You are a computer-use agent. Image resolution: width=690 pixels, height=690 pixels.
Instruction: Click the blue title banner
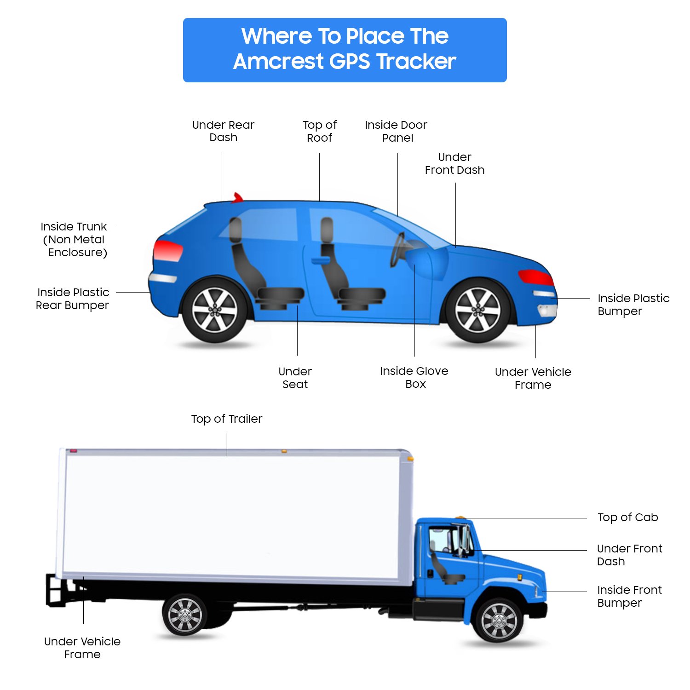coord(345,50)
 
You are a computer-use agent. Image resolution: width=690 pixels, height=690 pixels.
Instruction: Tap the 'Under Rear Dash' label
coord(223,131)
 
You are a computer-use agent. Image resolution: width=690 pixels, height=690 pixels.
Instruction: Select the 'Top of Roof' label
coord(320,131)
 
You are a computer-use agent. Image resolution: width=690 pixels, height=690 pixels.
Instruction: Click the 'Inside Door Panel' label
coord(396,131)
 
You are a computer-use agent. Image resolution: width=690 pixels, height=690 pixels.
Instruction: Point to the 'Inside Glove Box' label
coord(414,377)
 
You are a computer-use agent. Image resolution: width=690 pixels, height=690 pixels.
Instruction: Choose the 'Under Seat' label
coord(295,378)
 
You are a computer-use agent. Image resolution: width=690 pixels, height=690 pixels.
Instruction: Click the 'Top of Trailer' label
coord(227,419)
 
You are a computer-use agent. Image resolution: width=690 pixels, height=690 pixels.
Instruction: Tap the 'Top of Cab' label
coord(627,517)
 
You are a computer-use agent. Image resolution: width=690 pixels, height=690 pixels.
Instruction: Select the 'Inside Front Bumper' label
coord(629,596)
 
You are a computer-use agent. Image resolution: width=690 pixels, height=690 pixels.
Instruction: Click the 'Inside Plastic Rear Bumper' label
coord(73,299)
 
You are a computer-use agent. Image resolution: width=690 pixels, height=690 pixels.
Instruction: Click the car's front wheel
coord(478,310)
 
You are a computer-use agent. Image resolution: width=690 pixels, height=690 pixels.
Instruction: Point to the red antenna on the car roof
coord(237,197)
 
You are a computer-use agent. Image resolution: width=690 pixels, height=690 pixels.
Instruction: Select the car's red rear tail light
coord(167,251)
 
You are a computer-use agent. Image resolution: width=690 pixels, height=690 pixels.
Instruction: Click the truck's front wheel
coord(499,621)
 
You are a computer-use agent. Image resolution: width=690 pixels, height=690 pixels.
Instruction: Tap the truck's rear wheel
coord(184,615)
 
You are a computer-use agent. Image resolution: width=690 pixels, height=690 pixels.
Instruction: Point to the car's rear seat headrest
coord(236,230)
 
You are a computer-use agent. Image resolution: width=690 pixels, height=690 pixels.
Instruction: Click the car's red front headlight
coord(535,277)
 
